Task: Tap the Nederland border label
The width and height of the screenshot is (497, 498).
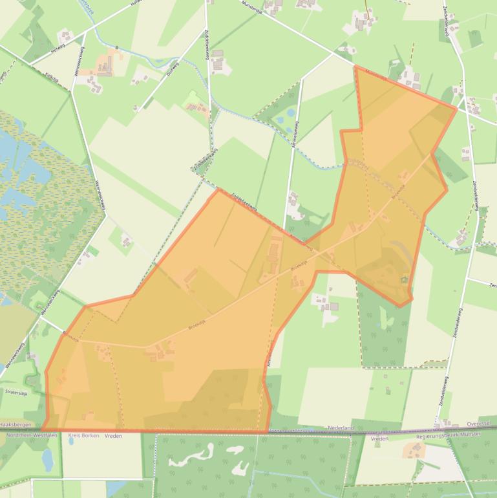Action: click(x=341, y=428)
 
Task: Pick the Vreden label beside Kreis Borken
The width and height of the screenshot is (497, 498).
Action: click(x=113, y=436)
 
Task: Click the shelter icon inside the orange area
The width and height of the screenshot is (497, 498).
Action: click(x=405, y=279)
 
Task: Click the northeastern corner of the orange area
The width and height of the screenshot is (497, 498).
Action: click(x=457, y=108)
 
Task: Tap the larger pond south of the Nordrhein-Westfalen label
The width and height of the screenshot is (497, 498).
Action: click(x=48, y=459)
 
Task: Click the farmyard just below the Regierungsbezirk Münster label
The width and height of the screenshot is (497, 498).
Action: click(x=414, y=449)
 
